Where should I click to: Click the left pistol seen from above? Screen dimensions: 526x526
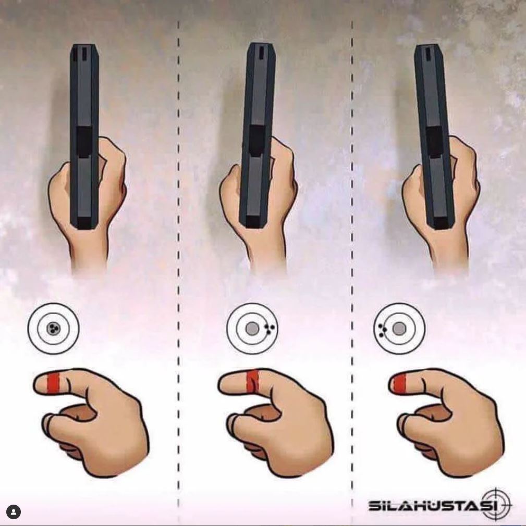(84, 137)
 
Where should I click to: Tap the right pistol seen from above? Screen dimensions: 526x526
(434, 137)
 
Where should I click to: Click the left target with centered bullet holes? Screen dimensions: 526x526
(53, 328)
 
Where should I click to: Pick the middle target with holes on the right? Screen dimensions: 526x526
(252, 328)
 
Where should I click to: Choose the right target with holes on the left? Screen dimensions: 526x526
(399, 328)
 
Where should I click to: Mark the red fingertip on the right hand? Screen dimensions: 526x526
(399, 383)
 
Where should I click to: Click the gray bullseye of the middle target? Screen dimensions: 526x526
(252, 329)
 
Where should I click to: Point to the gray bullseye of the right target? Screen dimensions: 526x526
(399, 328)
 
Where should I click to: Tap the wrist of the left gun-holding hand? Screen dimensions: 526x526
(89, 255)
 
